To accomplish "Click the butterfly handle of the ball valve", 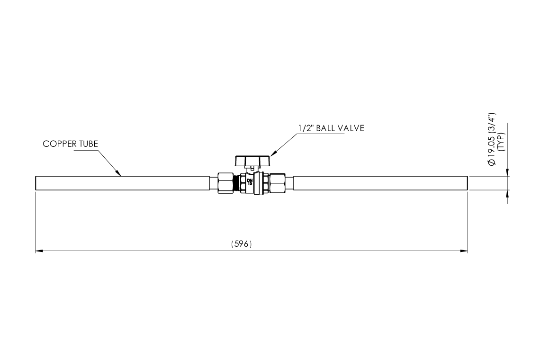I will [x=252, y=161].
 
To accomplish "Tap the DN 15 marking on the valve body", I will [x=250, y=180].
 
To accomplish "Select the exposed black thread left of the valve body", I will [x=237, y=183].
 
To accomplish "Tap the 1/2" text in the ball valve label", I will [x=305, y=128].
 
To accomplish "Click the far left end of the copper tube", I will [x=36, y=183].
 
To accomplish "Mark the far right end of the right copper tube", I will [x=467, y=183].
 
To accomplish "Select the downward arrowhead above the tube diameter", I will [x=508, y=173].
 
